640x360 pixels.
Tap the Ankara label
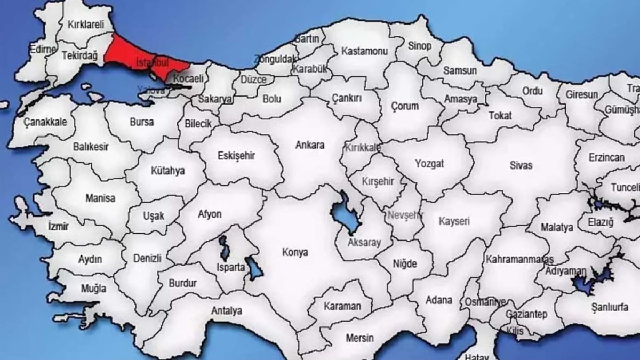click(x=310, y=145)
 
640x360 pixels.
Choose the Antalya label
click(x=227, y=310)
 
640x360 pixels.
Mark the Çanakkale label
click(x=45, y=122)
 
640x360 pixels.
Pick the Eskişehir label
click(x=237, y=156)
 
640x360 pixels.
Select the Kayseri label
click(x=454, y=221)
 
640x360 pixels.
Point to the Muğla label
click(x=79, y=289)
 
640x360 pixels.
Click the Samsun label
click(x=460, y=70)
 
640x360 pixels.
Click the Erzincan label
click(x=606, y=158)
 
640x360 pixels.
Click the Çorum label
click(x=405, y=106)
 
